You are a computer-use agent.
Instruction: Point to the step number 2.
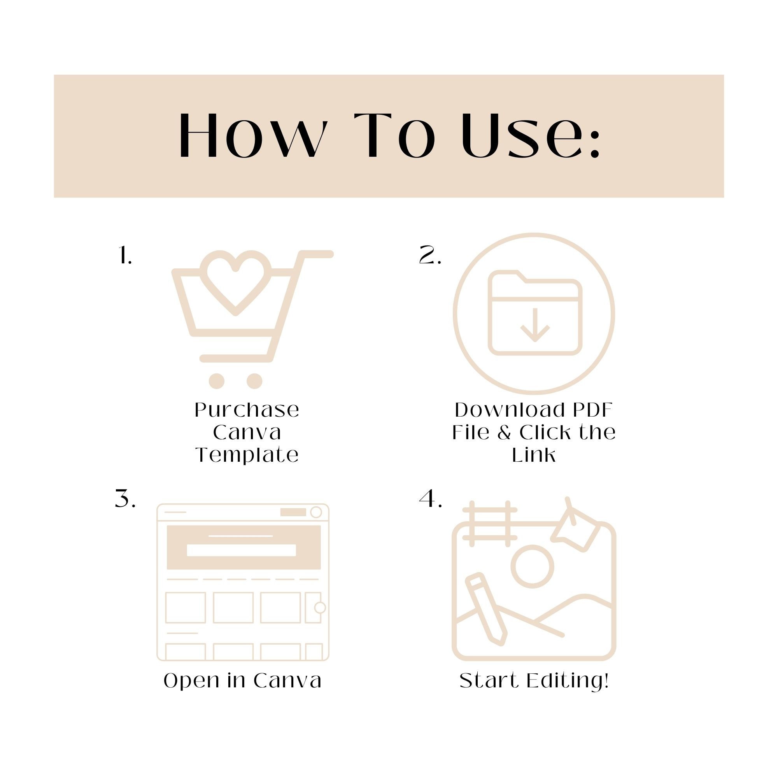point(430,255)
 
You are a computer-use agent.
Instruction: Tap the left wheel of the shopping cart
point(217,381)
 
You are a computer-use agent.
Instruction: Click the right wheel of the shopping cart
point(254,381)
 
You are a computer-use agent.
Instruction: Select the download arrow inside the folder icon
point(535,325)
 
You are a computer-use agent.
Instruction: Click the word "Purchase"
point(247,410)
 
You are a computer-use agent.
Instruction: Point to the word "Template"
point(247,456)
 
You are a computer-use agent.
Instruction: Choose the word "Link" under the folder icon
point(534,455)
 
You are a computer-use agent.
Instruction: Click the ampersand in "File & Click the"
point(504,433)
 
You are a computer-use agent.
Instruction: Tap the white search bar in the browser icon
point(242,550)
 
